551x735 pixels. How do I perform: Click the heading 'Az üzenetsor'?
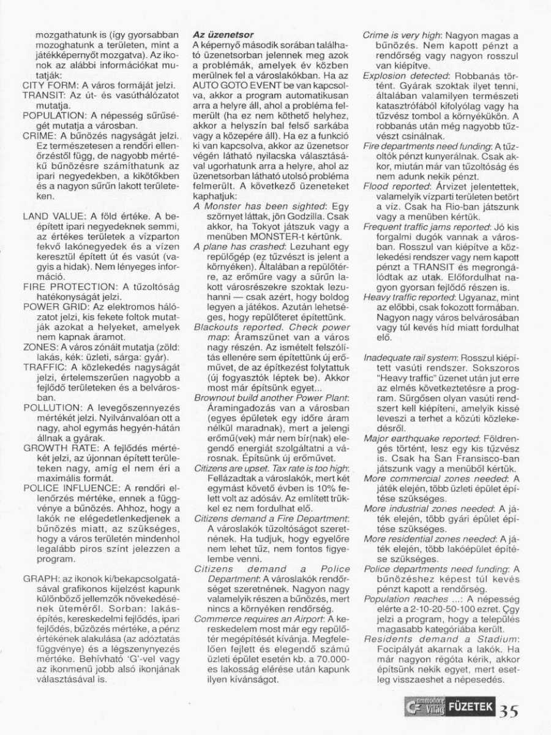point(223,36)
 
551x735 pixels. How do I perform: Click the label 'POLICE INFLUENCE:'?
point(69,488)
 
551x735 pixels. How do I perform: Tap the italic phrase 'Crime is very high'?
point(402,37)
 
